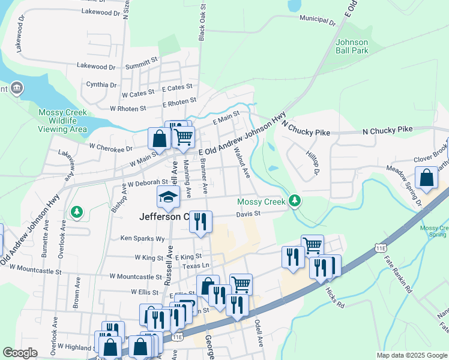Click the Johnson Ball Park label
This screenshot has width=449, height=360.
pyautogui.click(x=351, y=47)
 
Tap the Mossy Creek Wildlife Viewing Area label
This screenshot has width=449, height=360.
pyautogui.click(x=62, y=121)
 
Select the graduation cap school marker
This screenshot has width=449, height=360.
pyautogui.click(x=168, y=196)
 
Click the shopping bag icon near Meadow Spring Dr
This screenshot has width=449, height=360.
pyautogui.click(x=426, y=178)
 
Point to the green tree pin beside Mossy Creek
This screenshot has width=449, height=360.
pyautogui.click(x=294, y=200)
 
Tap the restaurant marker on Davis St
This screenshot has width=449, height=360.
pyautogui.click(x=200, y=221)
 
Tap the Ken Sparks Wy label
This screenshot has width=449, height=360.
pyautogui.click(x=142, y=238)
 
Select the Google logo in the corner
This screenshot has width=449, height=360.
pyautogui.click(x=20, y=353)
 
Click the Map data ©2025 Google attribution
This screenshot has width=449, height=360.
pyautogui.click(x=411, y=355)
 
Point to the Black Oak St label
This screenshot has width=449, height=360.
pyautogui.click(x=202, y=23)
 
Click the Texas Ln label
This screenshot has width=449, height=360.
pyautogui.click(x=196, y=265)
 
